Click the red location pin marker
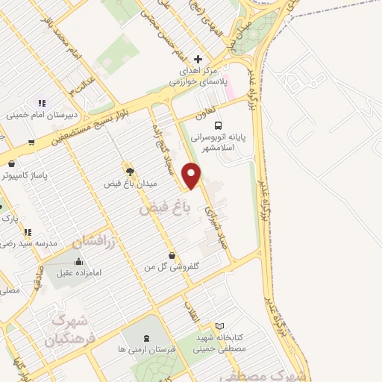pos(192,176)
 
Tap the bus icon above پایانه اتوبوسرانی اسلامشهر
pos(219,125)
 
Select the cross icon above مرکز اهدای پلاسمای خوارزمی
pos(198,59)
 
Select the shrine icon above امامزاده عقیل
pos(78,261)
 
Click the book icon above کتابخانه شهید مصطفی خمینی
pos(219,326)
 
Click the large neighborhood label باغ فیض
pos(164,211)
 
